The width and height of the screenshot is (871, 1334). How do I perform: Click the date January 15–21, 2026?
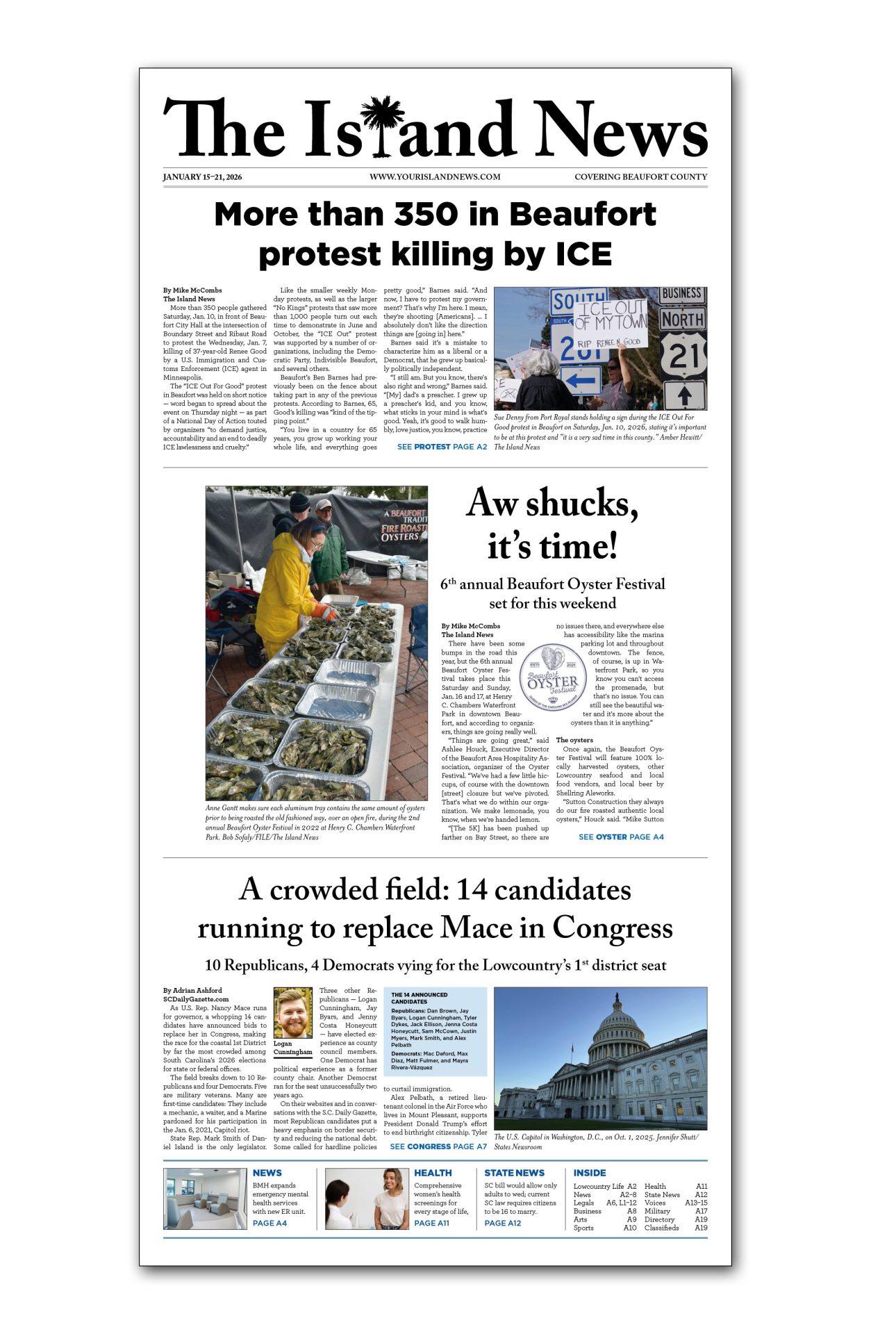202,177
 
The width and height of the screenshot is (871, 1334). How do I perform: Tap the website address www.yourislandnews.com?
435,177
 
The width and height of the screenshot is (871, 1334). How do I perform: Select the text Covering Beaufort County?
640,177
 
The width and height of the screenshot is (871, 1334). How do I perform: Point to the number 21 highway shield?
683,357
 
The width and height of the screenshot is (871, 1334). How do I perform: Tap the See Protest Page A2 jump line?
442,447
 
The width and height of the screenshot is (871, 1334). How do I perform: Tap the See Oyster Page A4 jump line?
621,837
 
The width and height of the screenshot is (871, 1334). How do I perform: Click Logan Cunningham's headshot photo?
293,1013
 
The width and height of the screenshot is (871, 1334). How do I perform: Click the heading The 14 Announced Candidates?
419,998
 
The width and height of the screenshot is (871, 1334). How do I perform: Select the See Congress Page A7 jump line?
438,1146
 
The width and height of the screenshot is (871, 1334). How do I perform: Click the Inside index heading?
590,1173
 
